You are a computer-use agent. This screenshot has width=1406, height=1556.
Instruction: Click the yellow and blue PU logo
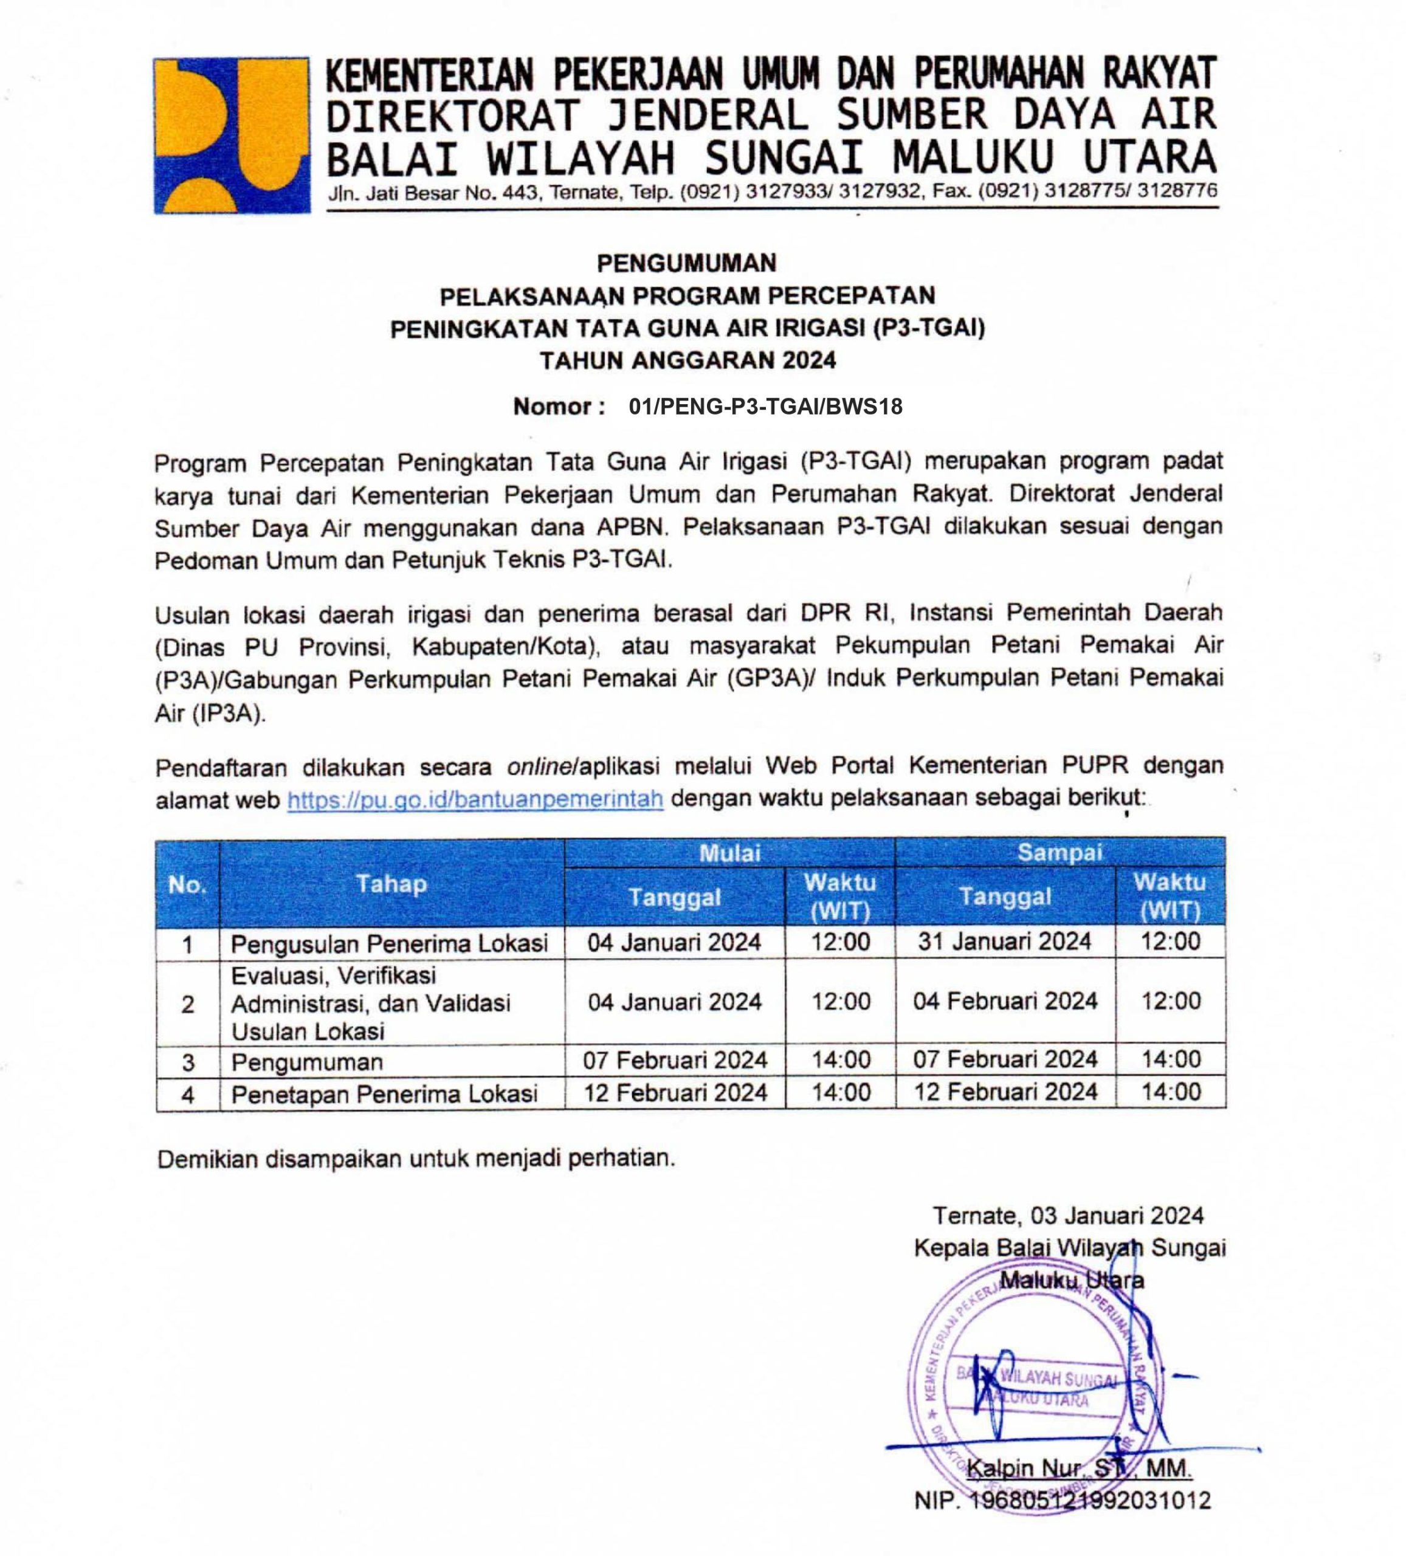click(x=232, y=136)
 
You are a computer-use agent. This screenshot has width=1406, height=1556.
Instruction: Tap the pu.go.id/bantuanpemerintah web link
click(x=475, y=799)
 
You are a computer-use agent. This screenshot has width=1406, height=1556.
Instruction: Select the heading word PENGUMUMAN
click(x=686, y=263)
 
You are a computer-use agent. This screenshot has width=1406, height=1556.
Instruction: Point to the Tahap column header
click(x=391, y=883)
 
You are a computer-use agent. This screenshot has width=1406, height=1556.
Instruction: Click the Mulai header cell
click(x=729, y=852)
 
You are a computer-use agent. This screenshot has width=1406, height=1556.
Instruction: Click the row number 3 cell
click(x=188, y=1062)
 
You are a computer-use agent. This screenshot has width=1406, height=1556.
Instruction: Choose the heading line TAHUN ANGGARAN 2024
click(x=687, y=360)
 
